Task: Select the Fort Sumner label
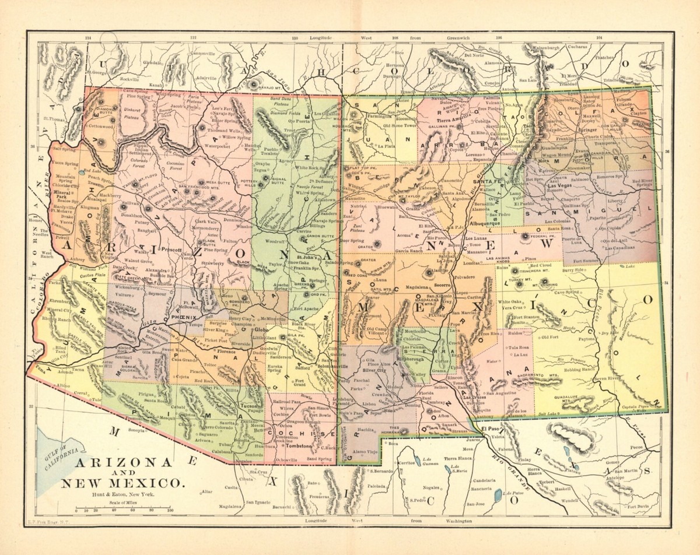[x=586, y=261]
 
